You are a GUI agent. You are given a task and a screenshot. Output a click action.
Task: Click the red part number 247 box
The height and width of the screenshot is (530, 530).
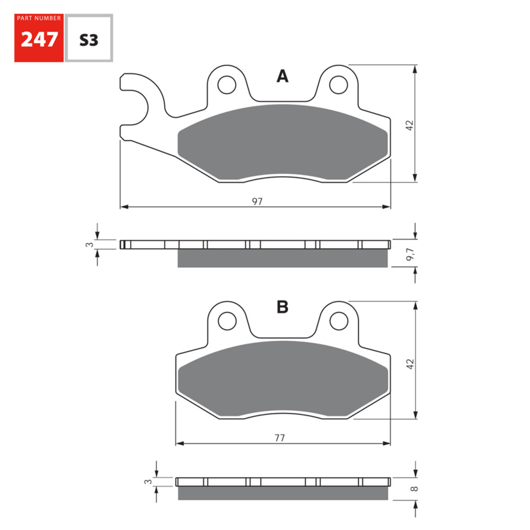pos(39,38)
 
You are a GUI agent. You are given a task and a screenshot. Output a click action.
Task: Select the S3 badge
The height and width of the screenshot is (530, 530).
pos(89,40)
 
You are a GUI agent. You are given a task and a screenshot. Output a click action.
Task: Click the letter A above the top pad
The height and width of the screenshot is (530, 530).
pos(282,77)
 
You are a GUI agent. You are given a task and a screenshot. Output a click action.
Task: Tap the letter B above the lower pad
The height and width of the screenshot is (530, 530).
pos(282,307)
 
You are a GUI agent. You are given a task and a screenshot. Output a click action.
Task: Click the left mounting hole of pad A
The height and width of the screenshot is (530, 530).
pos(227,84)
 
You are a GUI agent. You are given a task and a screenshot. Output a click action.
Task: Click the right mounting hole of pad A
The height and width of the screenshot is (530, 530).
pos(338,84)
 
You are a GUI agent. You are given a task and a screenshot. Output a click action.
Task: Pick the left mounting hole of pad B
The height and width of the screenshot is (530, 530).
pos(227,320)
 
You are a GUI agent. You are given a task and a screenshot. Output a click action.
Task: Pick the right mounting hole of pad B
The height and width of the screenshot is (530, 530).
pos(338,320)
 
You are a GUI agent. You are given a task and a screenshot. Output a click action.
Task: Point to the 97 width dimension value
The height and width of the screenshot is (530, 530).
pos(258,201)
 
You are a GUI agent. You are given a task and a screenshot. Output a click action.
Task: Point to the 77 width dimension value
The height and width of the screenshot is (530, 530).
pos(280,438)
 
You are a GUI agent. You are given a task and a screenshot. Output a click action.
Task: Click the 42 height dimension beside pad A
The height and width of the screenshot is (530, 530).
pos(409,126)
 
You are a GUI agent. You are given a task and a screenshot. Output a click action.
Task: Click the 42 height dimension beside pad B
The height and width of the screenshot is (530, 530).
pos(409,363)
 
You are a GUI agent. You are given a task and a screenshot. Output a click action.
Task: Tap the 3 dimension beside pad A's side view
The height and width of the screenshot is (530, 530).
pos(90,244)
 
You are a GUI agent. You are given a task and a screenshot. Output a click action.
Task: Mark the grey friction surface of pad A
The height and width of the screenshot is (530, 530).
pos(282,143)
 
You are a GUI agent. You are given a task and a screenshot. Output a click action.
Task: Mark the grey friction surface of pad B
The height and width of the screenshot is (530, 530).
pos(282,379)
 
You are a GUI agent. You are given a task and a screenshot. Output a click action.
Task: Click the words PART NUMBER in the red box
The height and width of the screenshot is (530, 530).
pos(39,19)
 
